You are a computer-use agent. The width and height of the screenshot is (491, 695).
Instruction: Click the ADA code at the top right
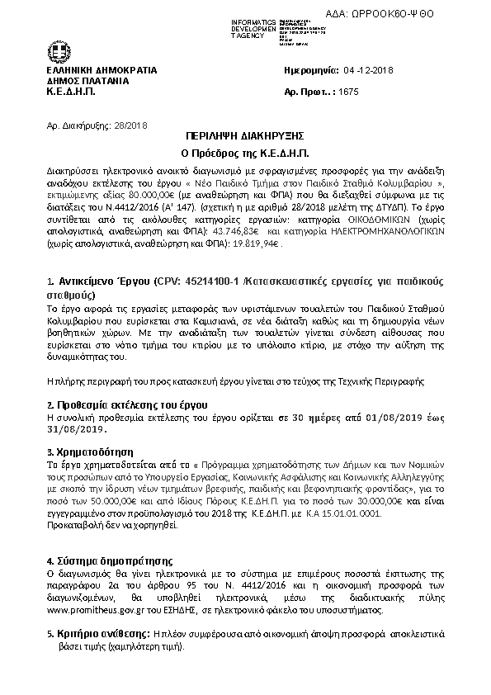pos(414,14)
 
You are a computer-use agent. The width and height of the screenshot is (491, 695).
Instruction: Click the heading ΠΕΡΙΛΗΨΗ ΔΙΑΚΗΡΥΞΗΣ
pos(244,138)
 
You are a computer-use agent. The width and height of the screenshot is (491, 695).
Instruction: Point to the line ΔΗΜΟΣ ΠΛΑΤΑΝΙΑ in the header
pos(87,82)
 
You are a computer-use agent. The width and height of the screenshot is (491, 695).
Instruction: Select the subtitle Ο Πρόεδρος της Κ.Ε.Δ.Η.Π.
pos(244,154)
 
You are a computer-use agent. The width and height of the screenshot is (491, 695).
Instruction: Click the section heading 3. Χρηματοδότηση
pos(90,452)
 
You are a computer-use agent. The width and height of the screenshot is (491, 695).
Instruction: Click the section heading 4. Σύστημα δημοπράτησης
pos(109,559)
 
